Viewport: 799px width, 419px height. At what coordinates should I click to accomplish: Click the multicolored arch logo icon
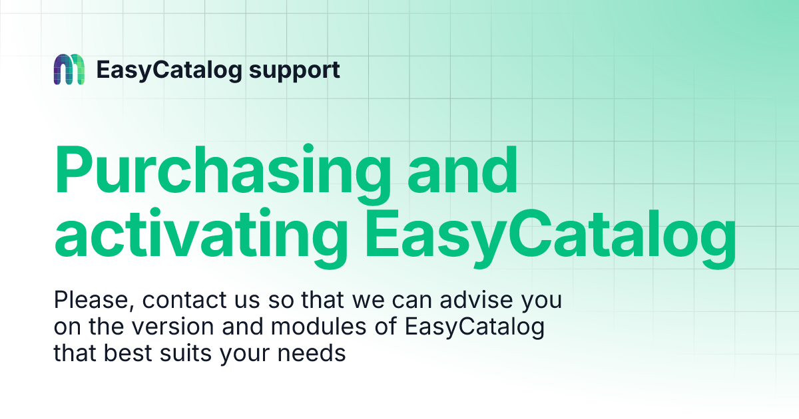coord(69,69)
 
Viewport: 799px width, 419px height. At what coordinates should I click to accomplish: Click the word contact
coord(184,300)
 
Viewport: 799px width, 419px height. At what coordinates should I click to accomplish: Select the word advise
coord(476,300)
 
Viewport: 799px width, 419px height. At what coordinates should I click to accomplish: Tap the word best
coord(128,353)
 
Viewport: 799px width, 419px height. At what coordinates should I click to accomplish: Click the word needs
coord(312,353)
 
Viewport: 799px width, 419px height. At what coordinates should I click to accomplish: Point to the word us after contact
coord(247,302)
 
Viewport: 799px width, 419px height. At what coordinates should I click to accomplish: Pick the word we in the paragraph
coord(368,302)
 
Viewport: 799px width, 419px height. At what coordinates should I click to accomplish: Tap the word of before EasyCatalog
coord(386,326)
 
